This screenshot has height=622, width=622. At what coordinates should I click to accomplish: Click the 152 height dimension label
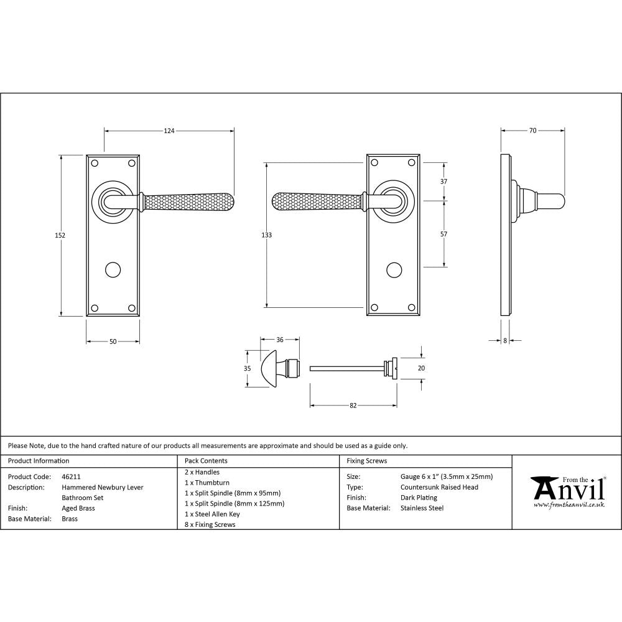(x=60, y=235)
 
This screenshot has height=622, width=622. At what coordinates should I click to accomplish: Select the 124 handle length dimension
(x=169, y=131)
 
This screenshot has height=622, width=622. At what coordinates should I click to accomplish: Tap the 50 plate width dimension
(x=113, y=341)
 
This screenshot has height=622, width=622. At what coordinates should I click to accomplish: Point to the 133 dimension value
(x=267, y=235)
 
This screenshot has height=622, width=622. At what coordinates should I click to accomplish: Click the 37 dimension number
(x=443, y=182)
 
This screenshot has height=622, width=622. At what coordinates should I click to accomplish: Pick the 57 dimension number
(x=443, y=234)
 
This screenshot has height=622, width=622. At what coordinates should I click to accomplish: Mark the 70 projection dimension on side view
(x=532, y=131)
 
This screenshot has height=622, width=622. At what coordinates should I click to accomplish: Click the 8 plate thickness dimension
(x=504, y=341)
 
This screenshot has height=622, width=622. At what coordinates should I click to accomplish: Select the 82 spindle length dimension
(x=353, y=406)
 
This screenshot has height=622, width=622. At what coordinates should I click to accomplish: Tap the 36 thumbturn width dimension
(x=279, y=340)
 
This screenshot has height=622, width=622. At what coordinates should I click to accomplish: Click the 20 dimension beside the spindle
(x=421, y=368)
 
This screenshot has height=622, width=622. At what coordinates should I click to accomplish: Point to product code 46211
(x=71, y=476)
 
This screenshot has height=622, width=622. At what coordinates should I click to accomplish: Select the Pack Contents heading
(x=206, y=461)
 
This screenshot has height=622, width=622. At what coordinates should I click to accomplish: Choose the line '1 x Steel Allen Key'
(x=212, y=514)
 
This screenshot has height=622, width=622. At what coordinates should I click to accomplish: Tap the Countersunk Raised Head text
(x=439, y=487)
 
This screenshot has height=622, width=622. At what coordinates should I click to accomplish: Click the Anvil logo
(x=567, y=491)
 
